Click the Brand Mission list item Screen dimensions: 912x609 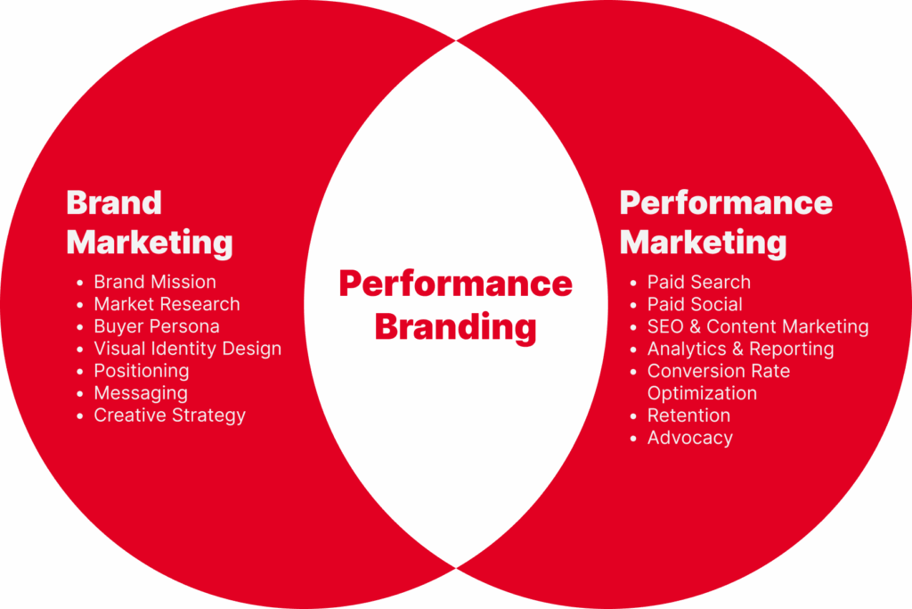tap(155, 282)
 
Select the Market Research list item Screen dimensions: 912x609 tap(167, 304)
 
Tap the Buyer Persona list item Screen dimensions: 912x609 tap(157, 326)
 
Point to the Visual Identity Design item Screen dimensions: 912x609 tap(187, 349)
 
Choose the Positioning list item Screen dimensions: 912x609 tap(142, 372)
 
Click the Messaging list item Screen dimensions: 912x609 tap(141, 393)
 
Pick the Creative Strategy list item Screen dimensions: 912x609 tap(170, 416)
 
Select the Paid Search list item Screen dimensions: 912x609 tap(698, 282)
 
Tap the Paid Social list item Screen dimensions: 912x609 tap(695, 304)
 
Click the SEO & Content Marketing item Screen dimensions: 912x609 tap(758, 326)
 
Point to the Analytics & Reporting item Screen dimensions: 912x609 tap(740, 349)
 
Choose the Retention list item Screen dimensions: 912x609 tap(688, 416)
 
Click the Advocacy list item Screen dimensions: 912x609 tap(690, 438)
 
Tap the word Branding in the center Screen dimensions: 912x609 tap(455, 327)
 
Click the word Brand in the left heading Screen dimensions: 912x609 tap(114, 202)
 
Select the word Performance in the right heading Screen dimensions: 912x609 tap(726, 202)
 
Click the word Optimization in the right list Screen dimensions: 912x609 tap(702, 393)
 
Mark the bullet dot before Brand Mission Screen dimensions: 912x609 tap(79, 283)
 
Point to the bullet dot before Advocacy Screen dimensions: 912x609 tap(633, 439)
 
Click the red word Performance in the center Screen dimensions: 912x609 tap(455, 284)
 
